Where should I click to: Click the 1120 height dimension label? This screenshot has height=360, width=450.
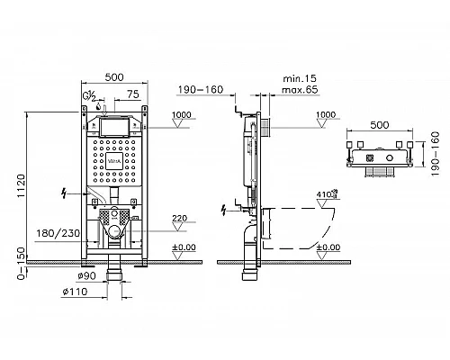click(x=22, y=185)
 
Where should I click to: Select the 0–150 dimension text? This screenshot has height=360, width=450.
click(x=22, y=264)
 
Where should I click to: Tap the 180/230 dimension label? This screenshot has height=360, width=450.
click(x=58, y=233)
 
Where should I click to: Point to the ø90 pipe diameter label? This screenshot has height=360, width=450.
click(x=86, y=275)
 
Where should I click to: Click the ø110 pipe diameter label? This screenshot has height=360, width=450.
click(x=75, y=292)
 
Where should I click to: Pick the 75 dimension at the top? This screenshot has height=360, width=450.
click(x=133, y=94)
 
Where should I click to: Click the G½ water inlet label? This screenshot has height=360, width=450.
click(x=89, y=96)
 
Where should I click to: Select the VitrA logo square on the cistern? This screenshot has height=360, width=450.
click(x=114, y=162)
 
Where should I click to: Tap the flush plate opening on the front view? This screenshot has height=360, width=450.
click(x=114, y=127)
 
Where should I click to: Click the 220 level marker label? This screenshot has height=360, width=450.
click(x=180, y=218)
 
